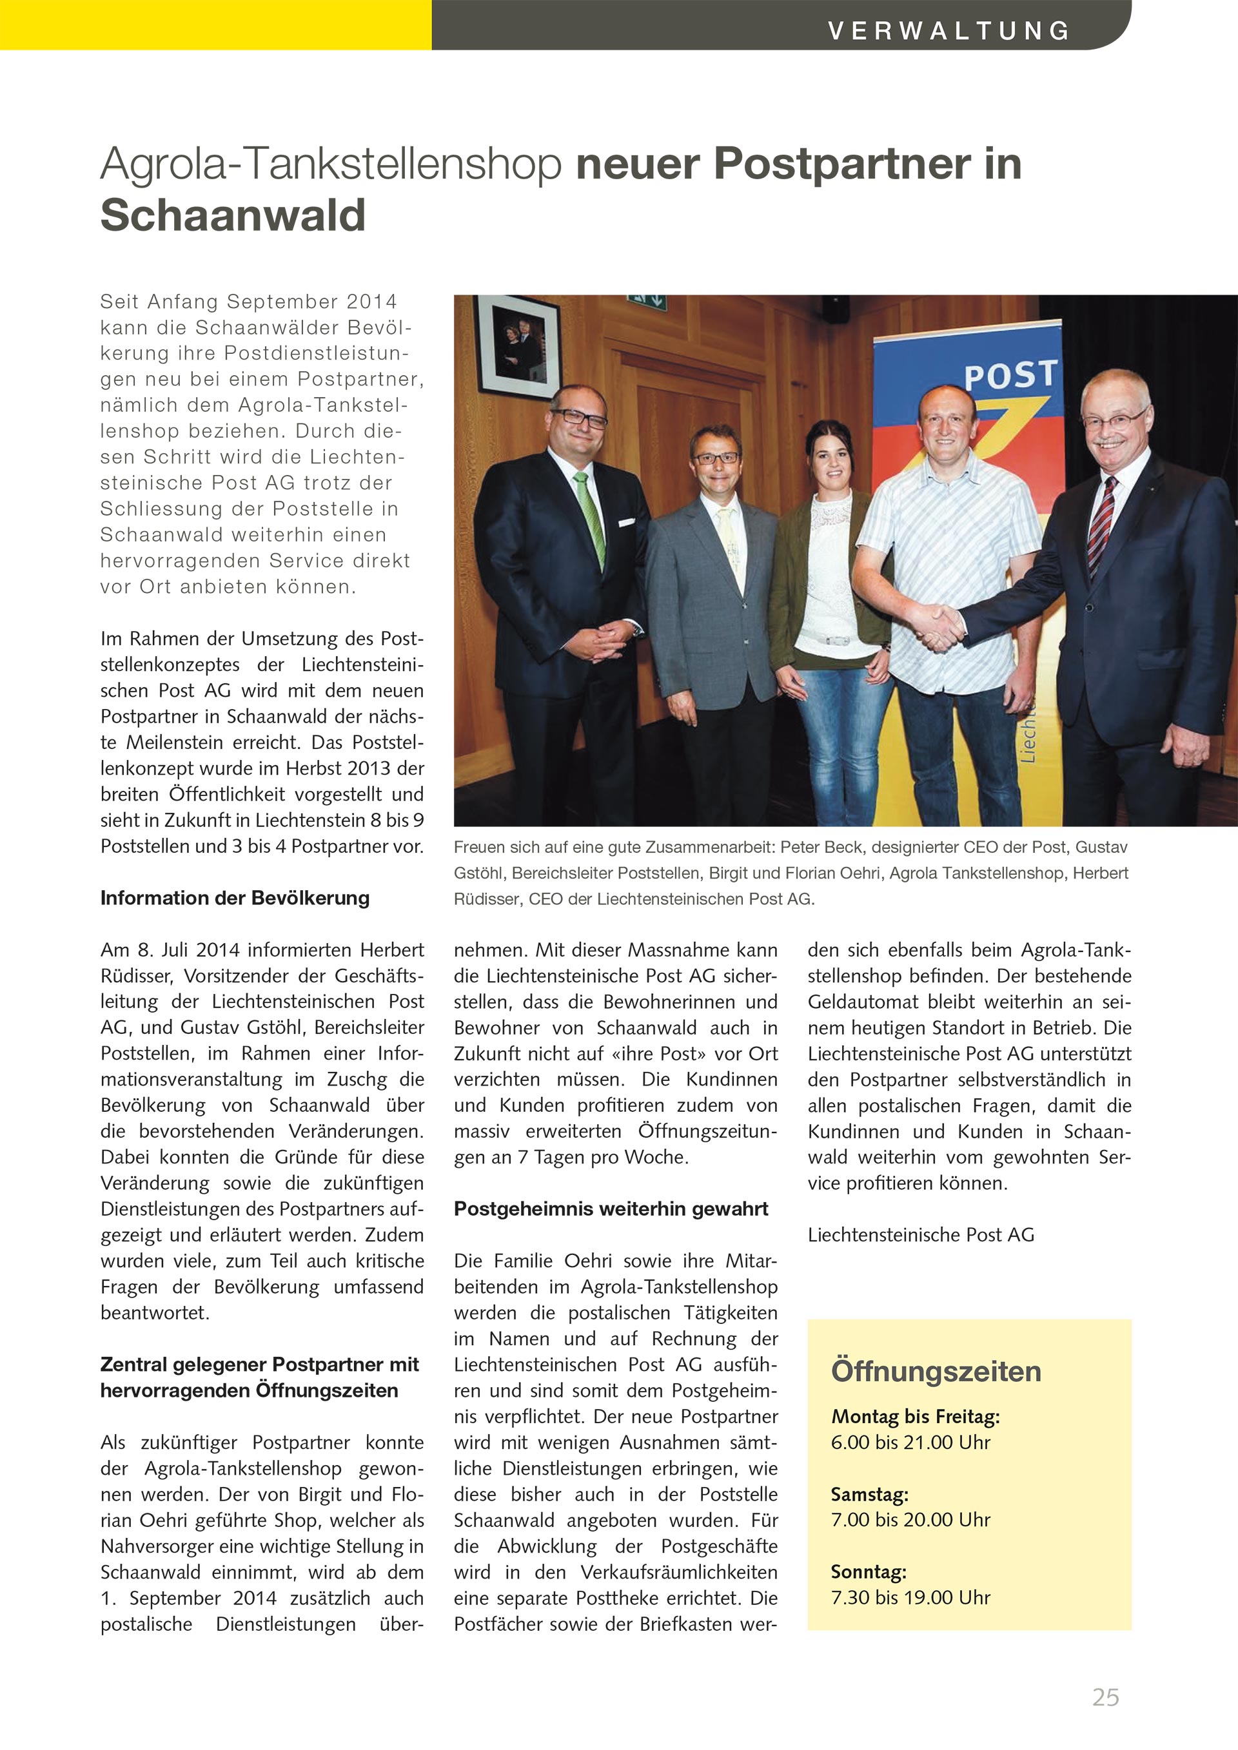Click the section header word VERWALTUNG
(x=948, y=30)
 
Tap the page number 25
(x=1105, y=1697)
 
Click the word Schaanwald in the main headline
(x=233, y=216)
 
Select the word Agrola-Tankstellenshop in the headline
(x=331, y=164)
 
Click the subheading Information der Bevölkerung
(x=235, y=898)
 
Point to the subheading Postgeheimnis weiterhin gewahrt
(x=611, y=1209)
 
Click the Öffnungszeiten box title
(x=936, y=1371)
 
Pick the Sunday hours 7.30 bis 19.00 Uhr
(x=910, y=1598)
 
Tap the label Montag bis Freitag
(x=915, y=1417)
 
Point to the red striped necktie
(x=1101, y=526)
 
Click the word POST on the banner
(x=1011, y=375)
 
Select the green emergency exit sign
(x=647, y=302)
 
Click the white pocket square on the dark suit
(x=626, y=523)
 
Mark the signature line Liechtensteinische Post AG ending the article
(x=921, y=1235)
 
